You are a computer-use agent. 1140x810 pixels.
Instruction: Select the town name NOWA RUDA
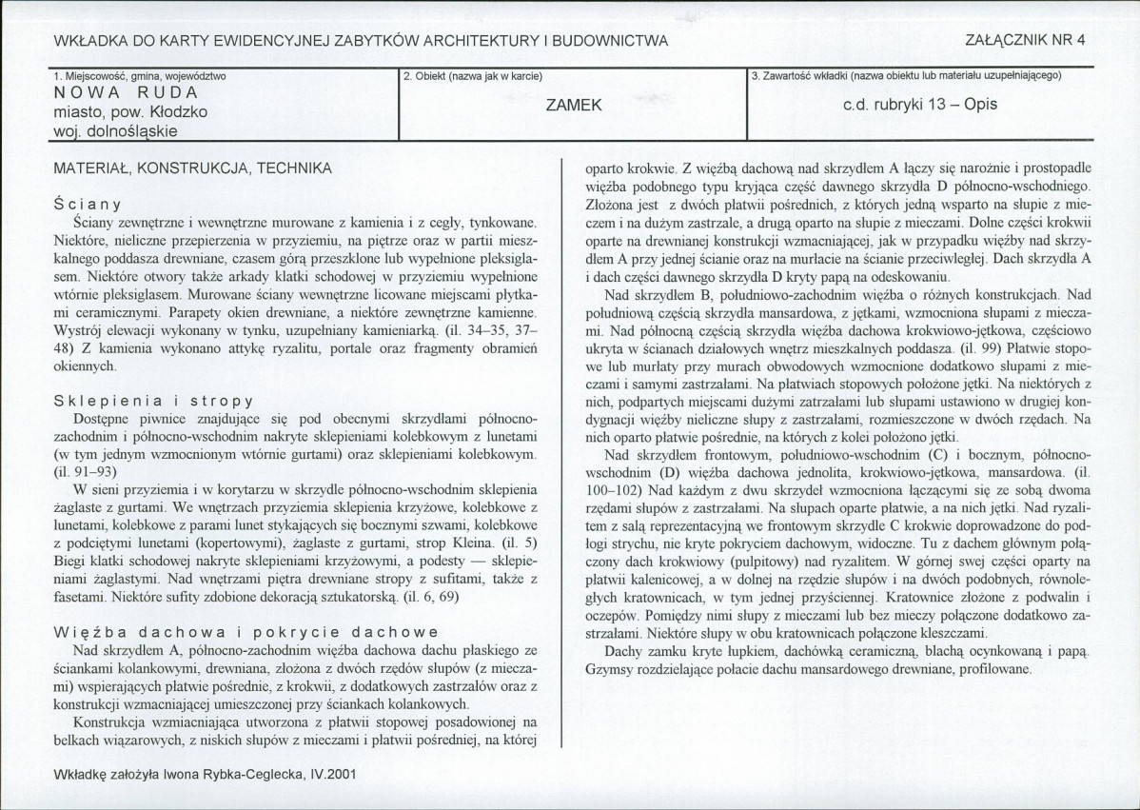[126, 93]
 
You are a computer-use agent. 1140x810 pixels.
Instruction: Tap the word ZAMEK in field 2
[574, 105]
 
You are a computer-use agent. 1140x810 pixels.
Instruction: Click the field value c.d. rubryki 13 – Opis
[920, 105]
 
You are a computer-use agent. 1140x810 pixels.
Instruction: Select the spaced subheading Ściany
[87, 204]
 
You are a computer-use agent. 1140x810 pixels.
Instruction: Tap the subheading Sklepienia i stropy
[153, 402]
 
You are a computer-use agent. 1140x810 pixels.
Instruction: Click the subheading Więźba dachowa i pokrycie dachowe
[246, 631]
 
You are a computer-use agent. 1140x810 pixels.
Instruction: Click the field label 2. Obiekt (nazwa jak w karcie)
[473, 75]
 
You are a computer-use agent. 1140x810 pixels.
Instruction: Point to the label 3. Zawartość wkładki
[808, 75]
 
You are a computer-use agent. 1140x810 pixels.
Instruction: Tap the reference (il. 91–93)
[87, 471]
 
